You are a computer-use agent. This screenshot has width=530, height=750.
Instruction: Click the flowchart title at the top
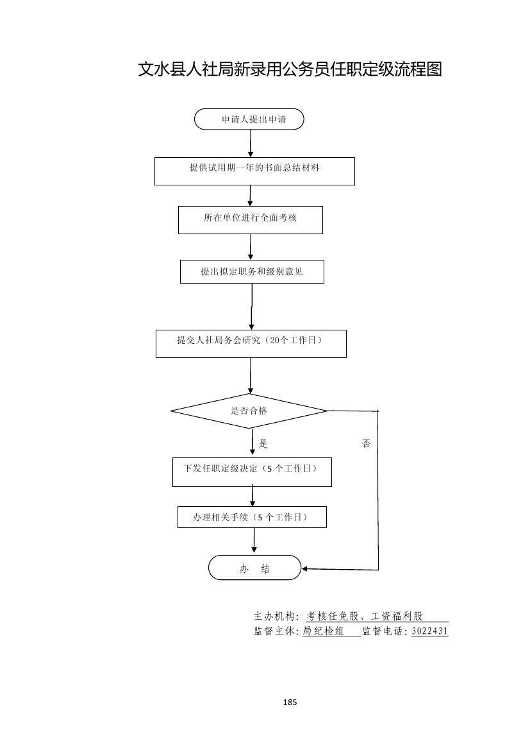290,69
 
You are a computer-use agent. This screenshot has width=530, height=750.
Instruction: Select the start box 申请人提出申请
249,119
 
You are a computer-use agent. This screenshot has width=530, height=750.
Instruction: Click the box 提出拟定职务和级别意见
252,271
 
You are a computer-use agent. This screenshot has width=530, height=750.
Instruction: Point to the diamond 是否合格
249,411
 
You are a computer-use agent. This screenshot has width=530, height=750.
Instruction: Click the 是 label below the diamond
263,443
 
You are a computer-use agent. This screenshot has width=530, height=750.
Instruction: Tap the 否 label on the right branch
366,443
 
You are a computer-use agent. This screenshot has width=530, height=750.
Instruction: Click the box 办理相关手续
252,517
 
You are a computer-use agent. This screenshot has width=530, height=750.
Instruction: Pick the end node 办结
254,568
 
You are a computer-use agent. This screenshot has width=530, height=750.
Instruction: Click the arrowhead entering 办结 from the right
305,568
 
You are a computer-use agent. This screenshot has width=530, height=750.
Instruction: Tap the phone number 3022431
429,631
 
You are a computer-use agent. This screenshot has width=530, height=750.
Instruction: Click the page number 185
290,703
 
